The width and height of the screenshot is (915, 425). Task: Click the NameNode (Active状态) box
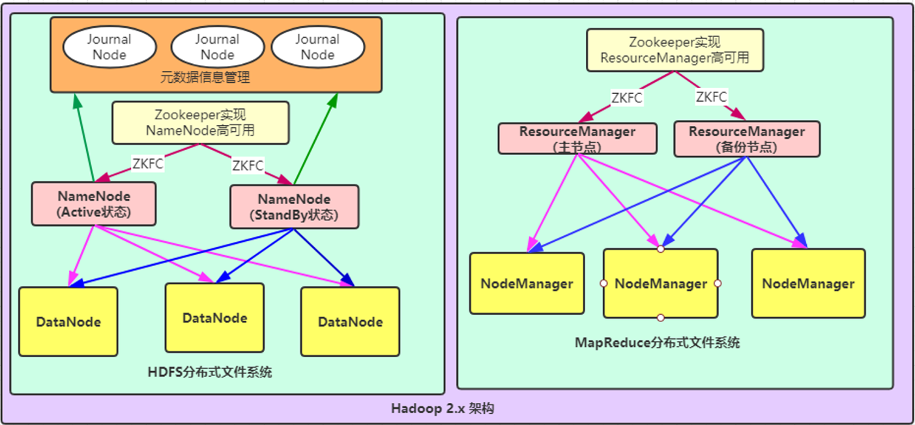94,203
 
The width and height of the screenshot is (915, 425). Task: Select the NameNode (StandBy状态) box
294,207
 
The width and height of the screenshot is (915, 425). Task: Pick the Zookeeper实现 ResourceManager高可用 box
675,50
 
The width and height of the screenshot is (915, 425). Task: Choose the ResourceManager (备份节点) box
746,139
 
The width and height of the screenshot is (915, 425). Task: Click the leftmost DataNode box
68,321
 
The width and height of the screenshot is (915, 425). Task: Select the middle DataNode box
214,317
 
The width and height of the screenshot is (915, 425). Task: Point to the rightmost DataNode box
350,321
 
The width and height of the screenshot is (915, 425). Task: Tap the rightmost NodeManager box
808,284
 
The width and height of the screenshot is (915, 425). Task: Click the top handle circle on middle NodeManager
660,249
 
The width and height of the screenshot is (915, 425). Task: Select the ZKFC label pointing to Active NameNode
147,164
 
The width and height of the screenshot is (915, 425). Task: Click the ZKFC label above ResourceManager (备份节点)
711,97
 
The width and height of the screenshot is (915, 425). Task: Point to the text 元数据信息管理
205,78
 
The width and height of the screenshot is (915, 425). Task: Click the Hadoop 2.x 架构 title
443,409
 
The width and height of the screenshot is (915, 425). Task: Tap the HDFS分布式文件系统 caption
210,372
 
